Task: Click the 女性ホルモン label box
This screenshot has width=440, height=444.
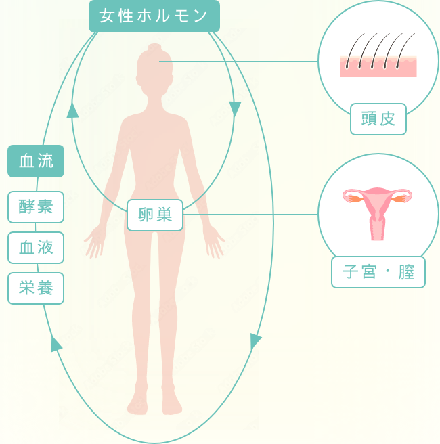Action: tap(154, 16)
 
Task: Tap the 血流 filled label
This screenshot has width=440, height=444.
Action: tap(36, 161)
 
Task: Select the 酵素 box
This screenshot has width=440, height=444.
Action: tap(36, 207)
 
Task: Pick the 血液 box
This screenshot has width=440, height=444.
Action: tap(36, 248)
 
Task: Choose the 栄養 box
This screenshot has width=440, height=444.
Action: tap(36, 288)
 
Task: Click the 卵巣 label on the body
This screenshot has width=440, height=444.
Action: tap(155, 215)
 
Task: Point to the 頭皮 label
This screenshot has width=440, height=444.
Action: tap(378, 120)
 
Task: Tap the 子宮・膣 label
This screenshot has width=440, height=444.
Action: tap(378, 272)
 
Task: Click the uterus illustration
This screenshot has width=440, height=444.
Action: tap(378, 210)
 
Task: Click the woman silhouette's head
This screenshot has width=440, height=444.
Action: tap(153, 68)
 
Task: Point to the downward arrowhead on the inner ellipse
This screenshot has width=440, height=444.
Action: tap(235, 108)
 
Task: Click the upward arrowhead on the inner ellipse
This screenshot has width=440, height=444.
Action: tap(72, 110)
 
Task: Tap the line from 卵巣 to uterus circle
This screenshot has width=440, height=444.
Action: tap(250, 215)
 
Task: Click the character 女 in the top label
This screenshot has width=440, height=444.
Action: tap(107, 16)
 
